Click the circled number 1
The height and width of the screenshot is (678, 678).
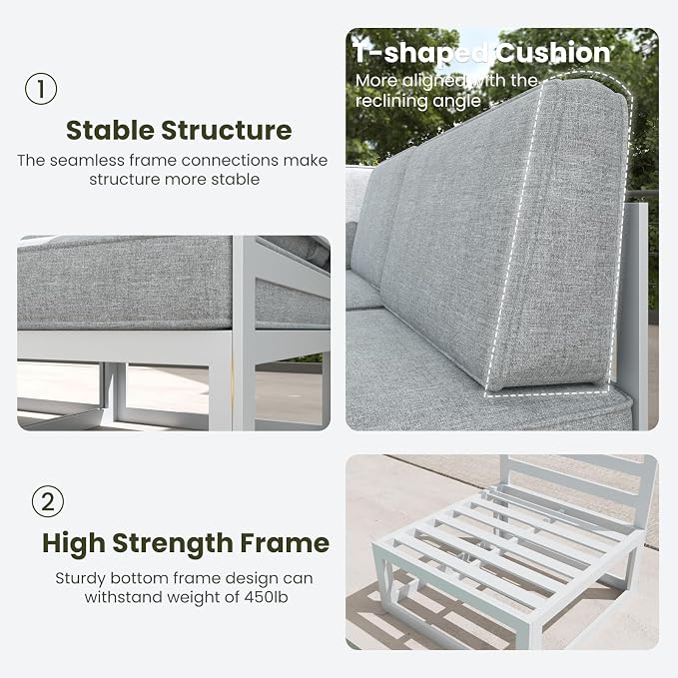point(41,89)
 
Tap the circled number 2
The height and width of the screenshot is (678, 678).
point(48,501)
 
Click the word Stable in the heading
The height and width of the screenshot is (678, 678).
point(110,130)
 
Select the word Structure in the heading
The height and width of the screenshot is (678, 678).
point(227,130)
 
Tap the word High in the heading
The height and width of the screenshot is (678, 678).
point(74,543)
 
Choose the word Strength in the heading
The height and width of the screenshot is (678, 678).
point(173,543)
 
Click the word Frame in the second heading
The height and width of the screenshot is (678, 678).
point(285,543)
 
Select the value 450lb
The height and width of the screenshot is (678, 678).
point(266,597)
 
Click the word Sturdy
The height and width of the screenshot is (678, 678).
point(81,578)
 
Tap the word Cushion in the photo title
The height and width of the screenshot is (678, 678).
point(552,53)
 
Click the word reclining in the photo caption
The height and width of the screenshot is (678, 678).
point(391,101)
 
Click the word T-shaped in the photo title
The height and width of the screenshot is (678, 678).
point(420,54)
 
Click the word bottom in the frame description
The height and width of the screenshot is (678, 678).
point(140,578)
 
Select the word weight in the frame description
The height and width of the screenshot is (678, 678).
point(196,597)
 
